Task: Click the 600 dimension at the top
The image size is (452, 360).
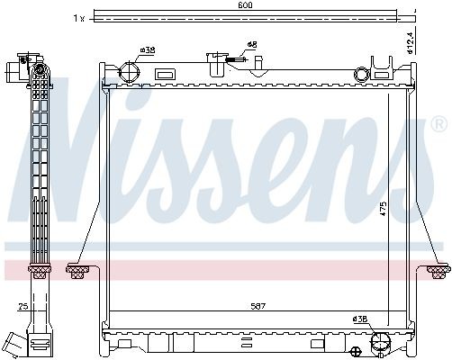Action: coord(245,4)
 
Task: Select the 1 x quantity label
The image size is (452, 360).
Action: coord(79,18)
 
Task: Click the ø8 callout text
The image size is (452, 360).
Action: coord(252,45)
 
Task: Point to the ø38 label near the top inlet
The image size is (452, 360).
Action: coord(148,49)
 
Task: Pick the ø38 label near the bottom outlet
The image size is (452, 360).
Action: coord(360,319)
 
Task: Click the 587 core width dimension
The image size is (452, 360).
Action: coord(258,306)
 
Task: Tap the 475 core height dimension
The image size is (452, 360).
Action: coord(383,209)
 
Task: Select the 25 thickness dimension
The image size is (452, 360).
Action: coord(23,306)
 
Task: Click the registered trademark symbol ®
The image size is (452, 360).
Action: coord(439,124)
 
